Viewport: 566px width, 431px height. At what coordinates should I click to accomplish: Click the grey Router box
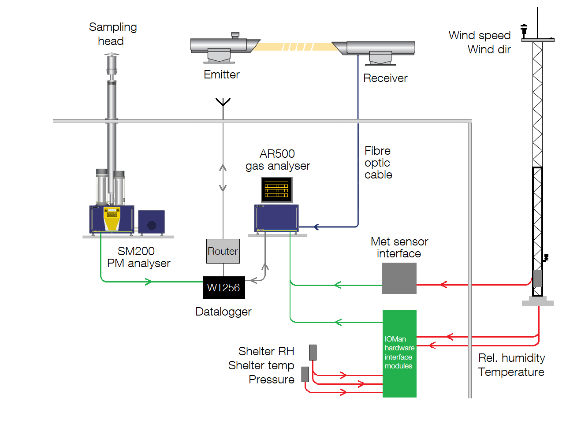point(223,251)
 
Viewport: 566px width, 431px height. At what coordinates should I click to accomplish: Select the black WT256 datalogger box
point(223,288)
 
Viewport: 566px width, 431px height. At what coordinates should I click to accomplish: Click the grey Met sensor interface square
point(399,279)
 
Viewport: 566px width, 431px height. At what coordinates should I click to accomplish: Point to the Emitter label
point(222,74)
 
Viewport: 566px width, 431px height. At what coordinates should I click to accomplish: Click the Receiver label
point(385,78)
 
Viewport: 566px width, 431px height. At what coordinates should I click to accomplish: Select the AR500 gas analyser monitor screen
point(277,189)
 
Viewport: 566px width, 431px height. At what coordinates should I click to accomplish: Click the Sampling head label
point(112,34)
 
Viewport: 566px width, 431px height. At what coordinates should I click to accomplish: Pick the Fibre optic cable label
point(378,163)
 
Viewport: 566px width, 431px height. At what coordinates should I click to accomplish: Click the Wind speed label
point(480,35)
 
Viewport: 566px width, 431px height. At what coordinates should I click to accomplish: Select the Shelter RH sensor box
point(313,353)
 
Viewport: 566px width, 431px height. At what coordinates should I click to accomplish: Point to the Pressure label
point(272,379)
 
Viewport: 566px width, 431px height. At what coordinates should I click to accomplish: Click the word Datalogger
point(223,312)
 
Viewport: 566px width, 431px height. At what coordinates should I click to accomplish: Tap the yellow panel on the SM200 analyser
point(112,219)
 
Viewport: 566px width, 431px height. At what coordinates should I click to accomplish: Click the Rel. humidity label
point(511,358)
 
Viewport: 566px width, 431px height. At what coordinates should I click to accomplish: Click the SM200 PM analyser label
point(138,257)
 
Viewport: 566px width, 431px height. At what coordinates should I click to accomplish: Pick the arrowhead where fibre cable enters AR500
point(316,227)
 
